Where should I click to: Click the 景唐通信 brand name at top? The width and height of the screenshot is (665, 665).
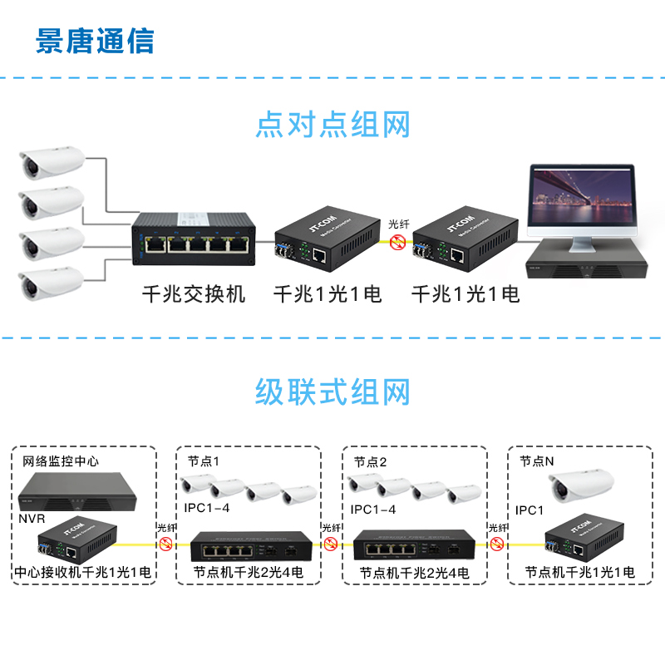[x=95, y=40]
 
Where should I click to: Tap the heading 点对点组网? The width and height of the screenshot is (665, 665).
[x=332, y=126]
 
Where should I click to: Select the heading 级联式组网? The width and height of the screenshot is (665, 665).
[x=332, y=389]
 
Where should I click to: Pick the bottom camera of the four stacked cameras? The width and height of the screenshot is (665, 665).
[x=52, y=282]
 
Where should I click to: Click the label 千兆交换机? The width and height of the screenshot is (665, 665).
[x=194, y=293]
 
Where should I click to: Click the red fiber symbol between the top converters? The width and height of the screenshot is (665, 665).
[x=397, y=242]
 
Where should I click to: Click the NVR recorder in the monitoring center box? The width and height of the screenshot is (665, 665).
[x=79, y=494]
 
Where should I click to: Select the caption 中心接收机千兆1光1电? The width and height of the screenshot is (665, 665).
[x=83, y=573]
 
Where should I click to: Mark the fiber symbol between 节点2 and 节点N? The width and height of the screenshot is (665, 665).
[x=498, y=544]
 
